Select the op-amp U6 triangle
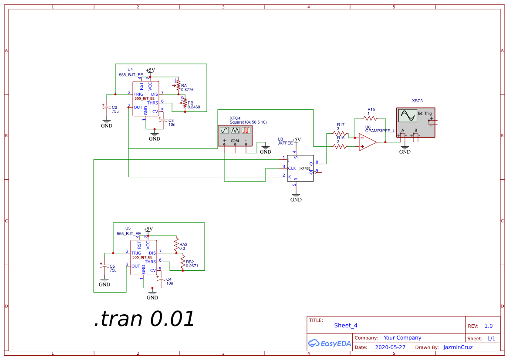click(x=367, y=142)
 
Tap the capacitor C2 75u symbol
click(x=106, y=108)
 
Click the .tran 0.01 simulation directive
click(x=144, y=319)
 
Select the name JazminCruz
click(x=458, y=347)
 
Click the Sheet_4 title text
click(x=346, y=325)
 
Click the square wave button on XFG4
click(x=246, y=130)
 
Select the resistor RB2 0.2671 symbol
click(x=183, y=262)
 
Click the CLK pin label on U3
click(x=292, y=168)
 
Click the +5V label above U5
click(x=148, y=229)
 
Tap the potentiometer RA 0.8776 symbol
click(x=178, y=86)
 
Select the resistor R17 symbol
click(x=340, y=134)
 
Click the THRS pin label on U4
click(x=152, y=103)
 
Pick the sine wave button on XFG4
click(x=224, y=130)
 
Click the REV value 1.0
click(x=489, y=326)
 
